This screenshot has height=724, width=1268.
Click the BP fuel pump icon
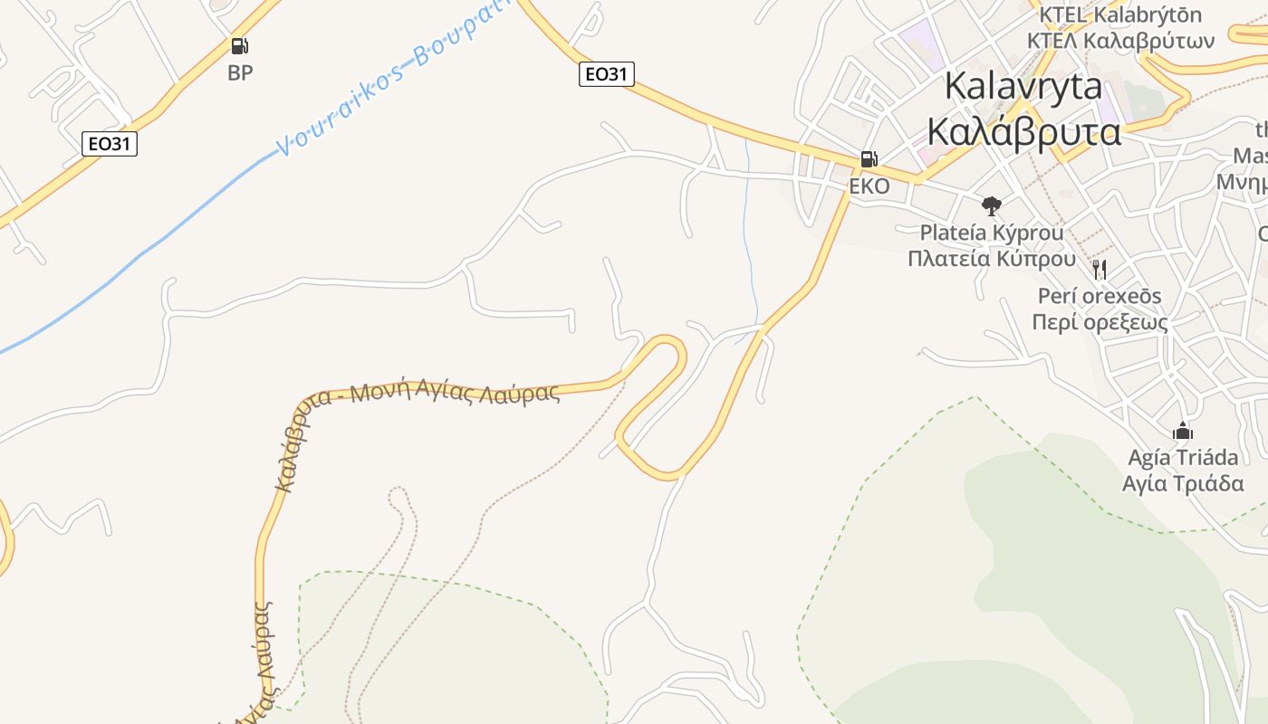tap(239, 46)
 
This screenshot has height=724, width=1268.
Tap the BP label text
tap(240, 73)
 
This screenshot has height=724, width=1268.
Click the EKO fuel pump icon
tap(868, 160)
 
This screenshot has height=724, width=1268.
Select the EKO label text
tap(869, 186)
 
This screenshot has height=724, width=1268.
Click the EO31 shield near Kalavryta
tap(606, 74)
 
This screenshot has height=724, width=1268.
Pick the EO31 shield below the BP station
tap(110, 143)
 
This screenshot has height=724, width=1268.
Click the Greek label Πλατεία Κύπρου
tap(992, 259)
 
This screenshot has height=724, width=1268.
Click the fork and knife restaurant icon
tap(1100, 269)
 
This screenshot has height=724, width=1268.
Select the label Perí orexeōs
tap(1100, 296)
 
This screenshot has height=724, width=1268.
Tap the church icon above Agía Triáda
tap(1183, 431)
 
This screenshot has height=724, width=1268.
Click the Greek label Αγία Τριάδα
tap(1183, 483)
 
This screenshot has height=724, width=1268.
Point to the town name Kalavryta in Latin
tap(1023, 86)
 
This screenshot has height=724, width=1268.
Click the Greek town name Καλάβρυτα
tap(1024, 132)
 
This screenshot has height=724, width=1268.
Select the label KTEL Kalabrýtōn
tap(1120, 15)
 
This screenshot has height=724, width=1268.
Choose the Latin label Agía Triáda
tap(1183, 457)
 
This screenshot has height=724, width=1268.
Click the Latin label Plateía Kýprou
tap(992, 233)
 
